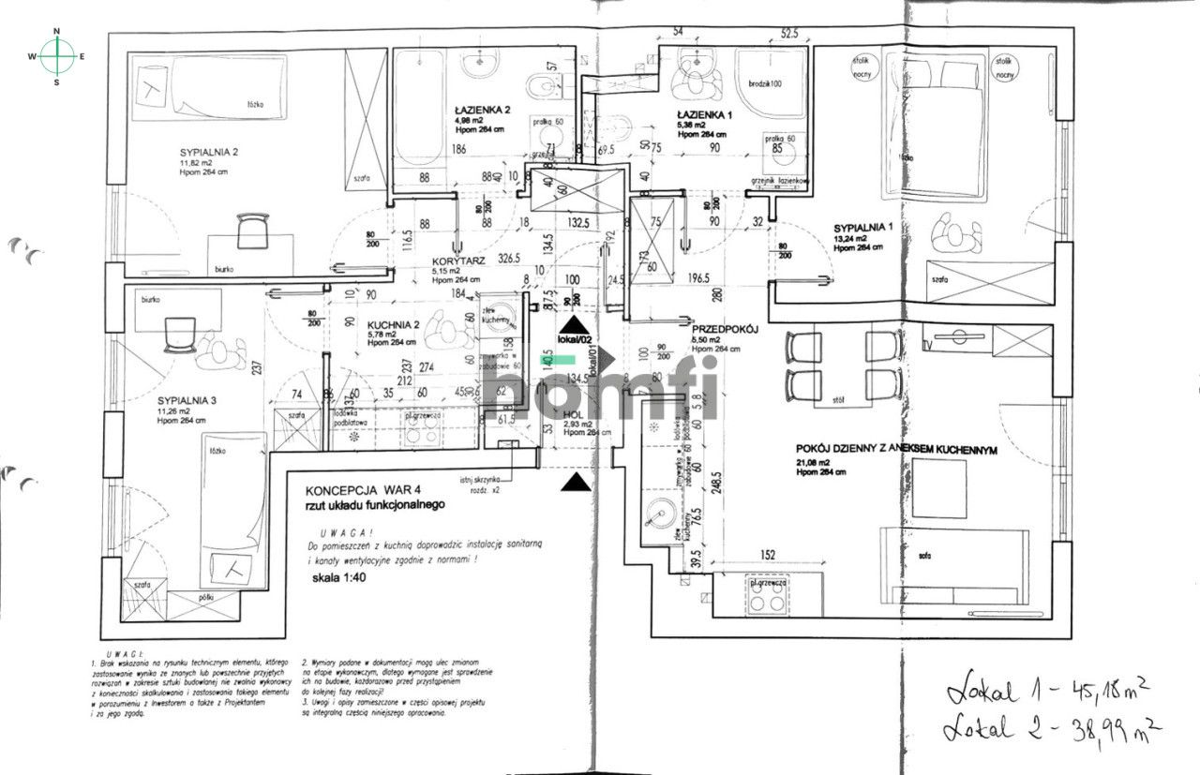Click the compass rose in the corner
[x=57, y=56]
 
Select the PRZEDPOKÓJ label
[x=724, y=330]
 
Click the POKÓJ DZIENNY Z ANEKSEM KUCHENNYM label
[x=895, y=450]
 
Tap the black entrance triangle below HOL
[x=577, y=482]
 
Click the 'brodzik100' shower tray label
[x=766, y=83]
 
